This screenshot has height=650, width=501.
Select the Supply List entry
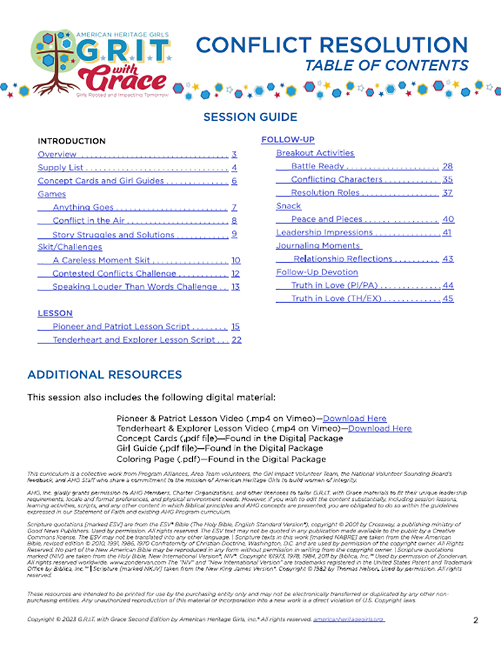tap(60, 168)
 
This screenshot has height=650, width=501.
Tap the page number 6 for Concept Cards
tap(234, 181)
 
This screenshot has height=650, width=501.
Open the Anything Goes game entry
tap(83, 207)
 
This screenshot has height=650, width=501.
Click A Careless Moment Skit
tap(101, 261)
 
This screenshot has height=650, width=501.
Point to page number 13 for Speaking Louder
tap(236, 287)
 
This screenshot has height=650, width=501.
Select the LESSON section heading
tap(55, 314)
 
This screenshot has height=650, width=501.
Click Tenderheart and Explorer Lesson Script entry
tap(134, 340)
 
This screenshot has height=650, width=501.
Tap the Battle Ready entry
tap(317, 166)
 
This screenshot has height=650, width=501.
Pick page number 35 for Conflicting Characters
tap(447, 180)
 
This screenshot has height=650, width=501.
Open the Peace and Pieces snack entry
tap(327, 219)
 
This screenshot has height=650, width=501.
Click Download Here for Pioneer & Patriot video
tap(355, 418)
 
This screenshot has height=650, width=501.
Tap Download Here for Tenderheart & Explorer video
tap(380, 428)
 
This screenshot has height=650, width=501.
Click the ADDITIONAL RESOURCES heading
tap(105, 375)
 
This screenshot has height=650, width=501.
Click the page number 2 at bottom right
tap(475, 620)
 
